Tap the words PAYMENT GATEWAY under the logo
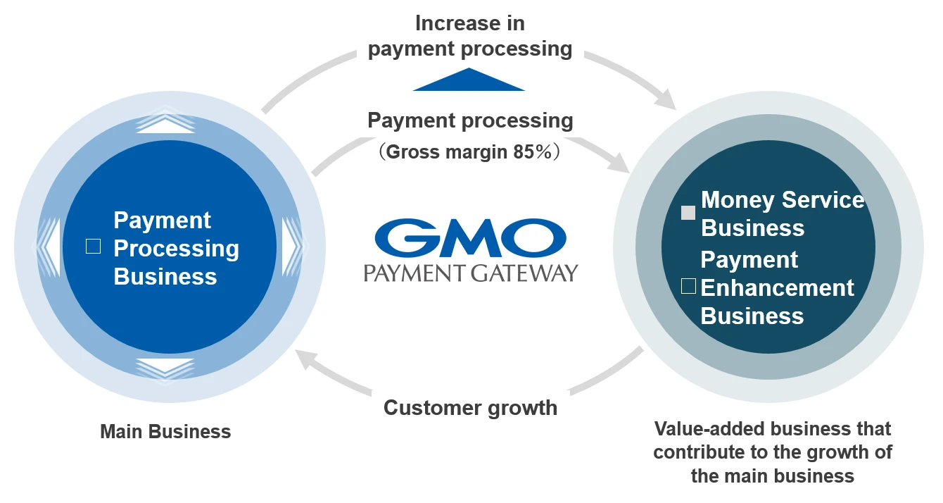470,272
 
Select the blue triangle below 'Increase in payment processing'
469,81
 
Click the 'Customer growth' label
470,407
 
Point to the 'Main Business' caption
165,431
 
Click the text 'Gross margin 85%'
470,152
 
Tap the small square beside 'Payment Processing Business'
93,246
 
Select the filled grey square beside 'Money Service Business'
688,213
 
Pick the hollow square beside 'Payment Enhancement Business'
689,285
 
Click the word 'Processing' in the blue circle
177,248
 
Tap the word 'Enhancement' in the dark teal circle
777,287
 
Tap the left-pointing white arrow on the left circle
48,246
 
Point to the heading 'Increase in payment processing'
470,35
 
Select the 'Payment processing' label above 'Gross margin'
470,120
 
